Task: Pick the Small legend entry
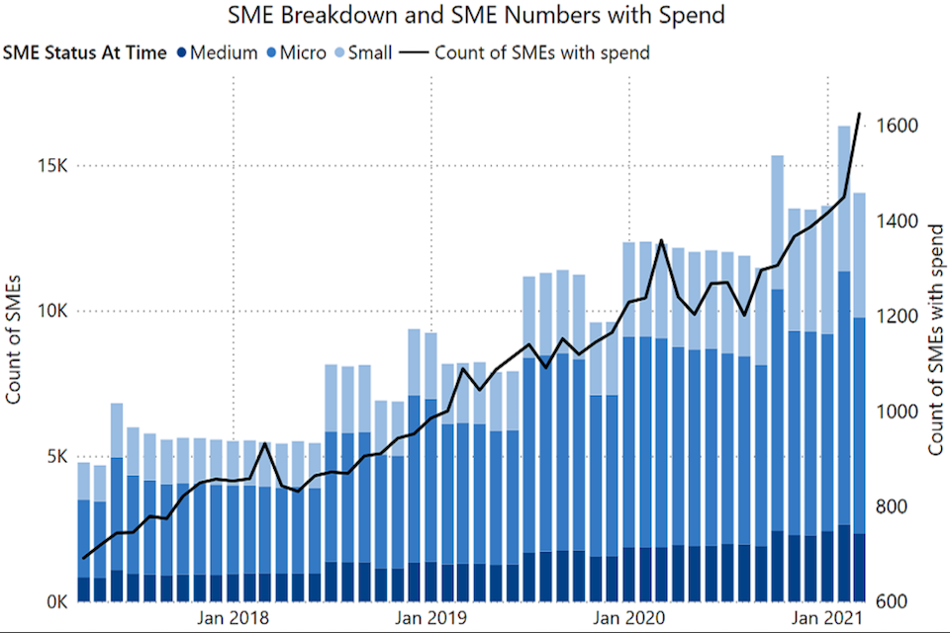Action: [x=365, y=52]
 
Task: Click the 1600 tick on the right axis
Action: [x=896, y=127]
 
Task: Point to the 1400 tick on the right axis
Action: [x=896, y=222]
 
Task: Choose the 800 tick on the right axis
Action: [x=892, y=506]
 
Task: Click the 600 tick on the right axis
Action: [x=892, y=601]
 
